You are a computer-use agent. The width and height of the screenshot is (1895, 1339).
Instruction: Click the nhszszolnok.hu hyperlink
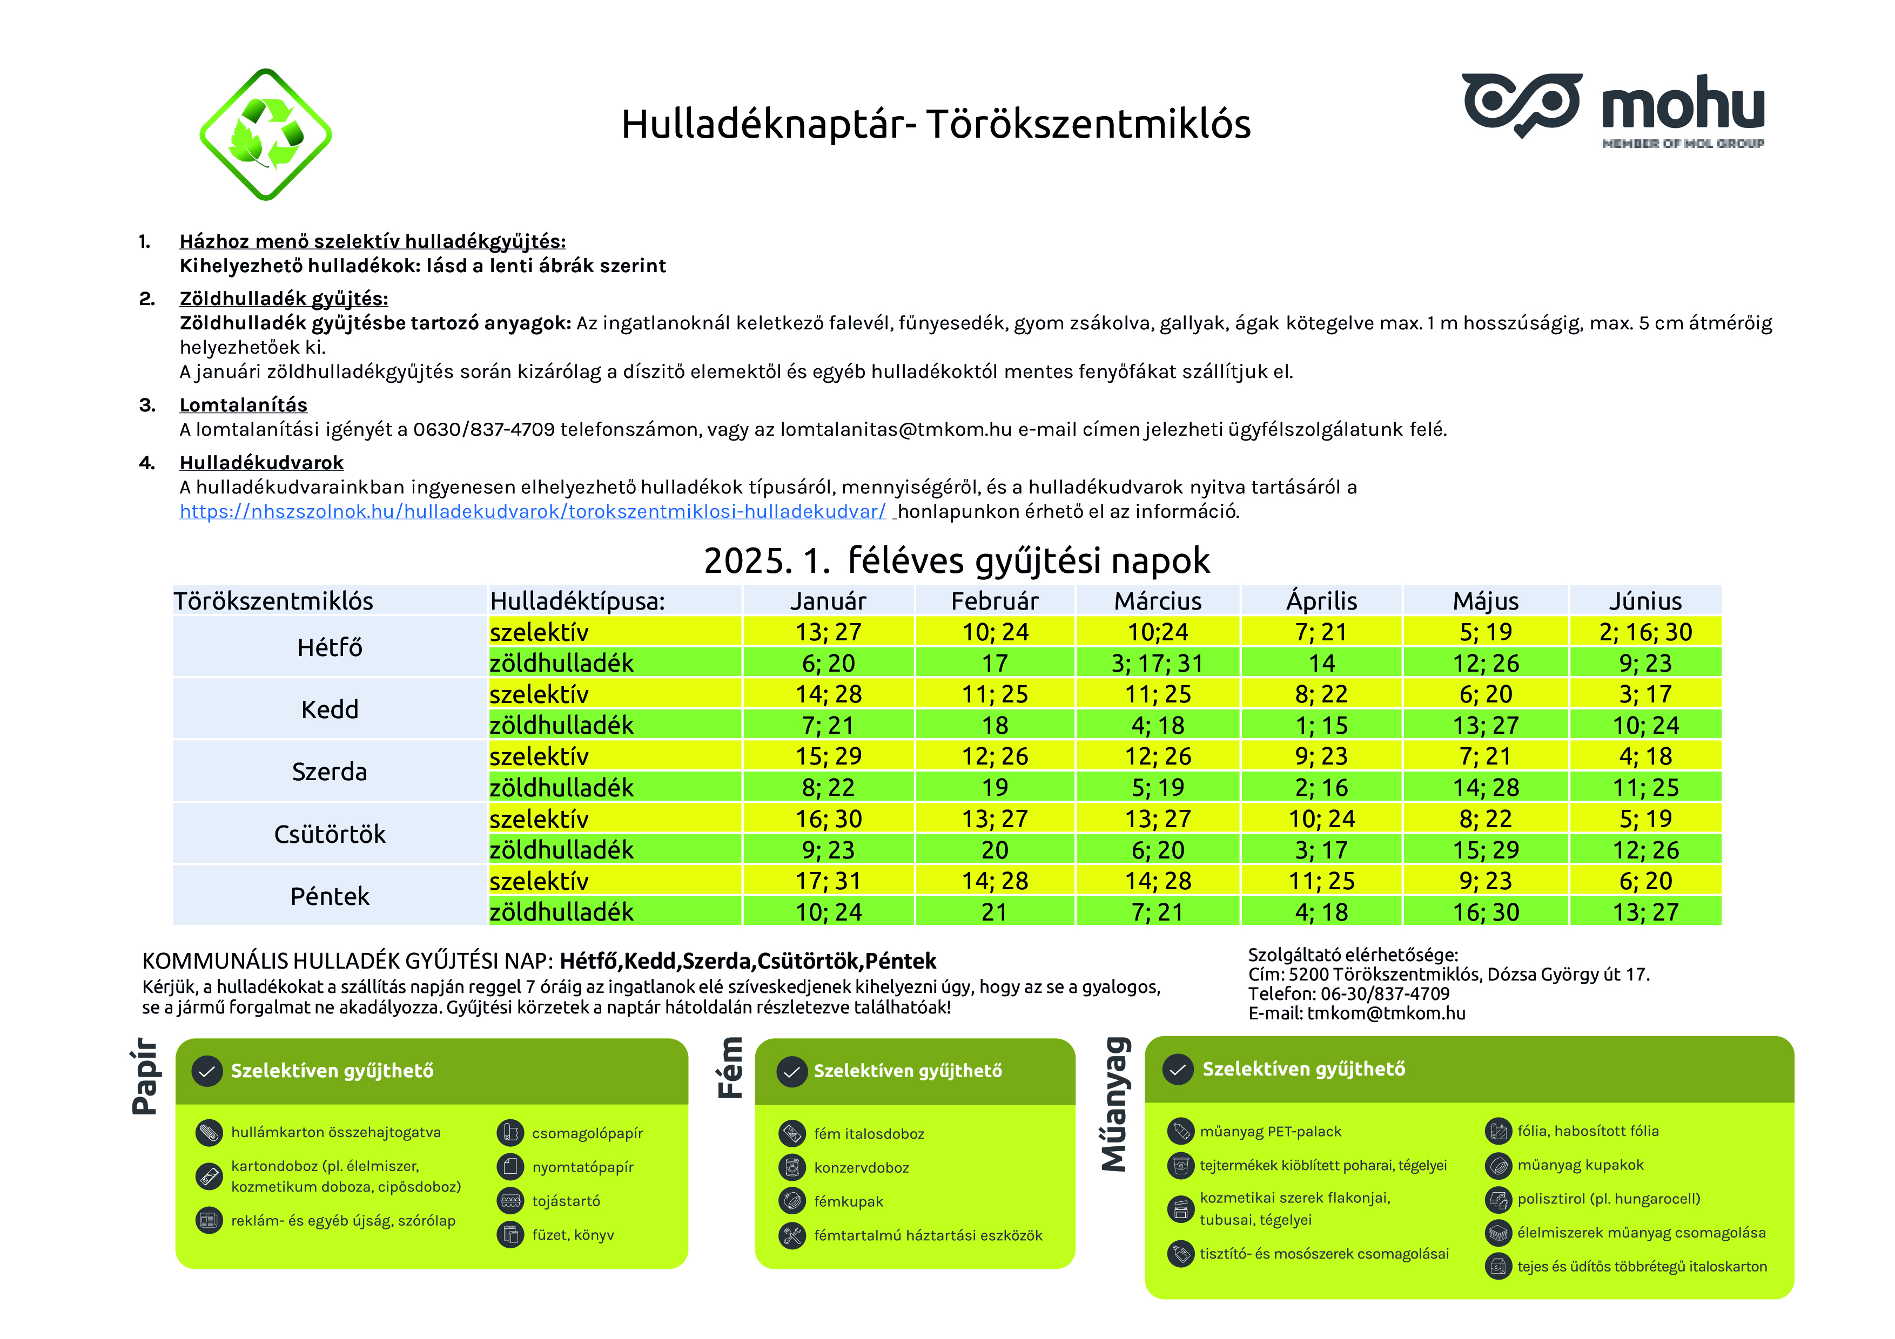[532, 511]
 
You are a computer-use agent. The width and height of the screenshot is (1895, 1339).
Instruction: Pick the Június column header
[1645, 600]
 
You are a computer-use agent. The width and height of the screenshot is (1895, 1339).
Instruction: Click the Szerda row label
[330, 772]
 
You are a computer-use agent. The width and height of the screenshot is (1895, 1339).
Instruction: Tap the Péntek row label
[330, 896]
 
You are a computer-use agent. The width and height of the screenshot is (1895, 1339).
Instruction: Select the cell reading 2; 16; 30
[1645, 632]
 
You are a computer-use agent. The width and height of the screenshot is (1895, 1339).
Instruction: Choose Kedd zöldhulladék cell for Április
[1321, 725]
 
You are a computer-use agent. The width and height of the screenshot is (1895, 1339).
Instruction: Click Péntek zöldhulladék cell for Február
[994, 911]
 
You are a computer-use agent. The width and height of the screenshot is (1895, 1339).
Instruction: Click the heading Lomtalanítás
[244, 405]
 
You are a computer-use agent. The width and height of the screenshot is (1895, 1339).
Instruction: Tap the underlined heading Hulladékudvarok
[261, 463]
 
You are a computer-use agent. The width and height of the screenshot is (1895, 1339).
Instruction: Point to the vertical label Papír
[145, 1077]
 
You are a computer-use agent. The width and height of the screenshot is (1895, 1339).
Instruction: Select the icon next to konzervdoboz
[791, 1167]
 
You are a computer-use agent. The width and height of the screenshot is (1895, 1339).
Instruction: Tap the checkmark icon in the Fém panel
[791, 1072]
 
